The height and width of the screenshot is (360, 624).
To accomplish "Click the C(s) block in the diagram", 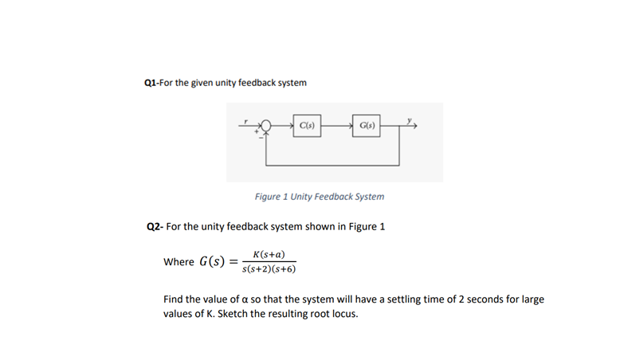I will click(308, 126).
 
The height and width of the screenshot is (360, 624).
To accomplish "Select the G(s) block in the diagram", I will click(367, 126).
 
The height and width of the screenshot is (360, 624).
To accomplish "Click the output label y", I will click(410, 121).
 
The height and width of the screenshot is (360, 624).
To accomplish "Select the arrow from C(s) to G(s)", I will click(337, 126).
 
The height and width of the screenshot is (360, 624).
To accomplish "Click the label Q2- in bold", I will click(155, 226).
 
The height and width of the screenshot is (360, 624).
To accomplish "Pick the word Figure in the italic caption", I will click(270, 197).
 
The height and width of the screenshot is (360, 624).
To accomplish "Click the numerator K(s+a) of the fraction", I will click(269, 254).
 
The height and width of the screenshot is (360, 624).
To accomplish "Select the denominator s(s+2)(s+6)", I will click(269, 269).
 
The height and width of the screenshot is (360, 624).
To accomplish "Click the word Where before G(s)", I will click(179, 262).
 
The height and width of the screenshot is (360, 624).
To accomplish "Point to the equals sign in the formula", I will click(233, 262).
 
